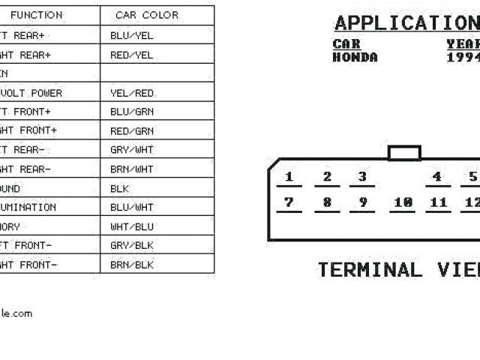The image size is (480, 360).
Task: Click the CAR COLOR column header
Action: [x=147, y=15]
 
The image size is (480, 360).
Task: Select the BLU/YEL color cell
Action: [x=131, y=35]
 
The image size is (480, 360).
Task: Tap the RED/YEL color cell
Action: [x=131, y=55]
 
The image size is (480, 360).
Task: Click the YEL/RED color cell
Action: [x=131, y=93]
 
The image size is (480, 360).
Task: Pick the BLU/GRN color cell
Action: [x=131, y=112]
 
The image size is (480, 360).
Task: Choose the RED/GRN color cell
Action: [x=131, y=130]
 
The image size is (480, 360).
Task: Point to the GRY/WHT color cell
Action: [x=131, y=150]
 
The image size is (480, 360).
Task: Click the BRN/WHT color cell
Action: [x=131, y=169]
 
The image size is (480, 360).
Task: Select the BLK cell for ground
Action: [x=119, y=188]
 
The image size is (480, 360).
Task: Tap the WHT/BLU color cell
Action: [x=131, y=226]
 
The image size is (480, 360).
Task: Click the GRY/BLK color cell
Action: [x=131, y=245]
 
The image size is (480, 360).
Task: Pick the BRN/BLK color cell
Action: [x=131, y=265]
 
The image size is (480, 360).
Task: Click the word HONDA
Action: [x=355, y=58]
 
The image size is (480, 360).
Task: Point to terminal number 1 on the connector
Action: [x=289, y=178]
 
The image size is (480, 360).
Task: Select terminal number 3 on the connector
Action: [x=362, y=178]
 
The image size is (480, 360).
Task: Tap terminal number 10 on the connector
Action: [x=403, y=202]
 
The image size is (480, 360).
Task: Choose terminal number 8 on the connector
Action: [x=327, y=202]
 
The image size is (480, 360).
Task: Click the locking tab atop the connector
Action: [x=404, y=153]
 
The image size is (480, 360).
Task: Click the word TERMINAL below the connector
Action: [x=370, y=269]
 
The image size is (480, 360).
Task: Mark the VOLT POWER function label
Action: [x=34, y=93]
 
